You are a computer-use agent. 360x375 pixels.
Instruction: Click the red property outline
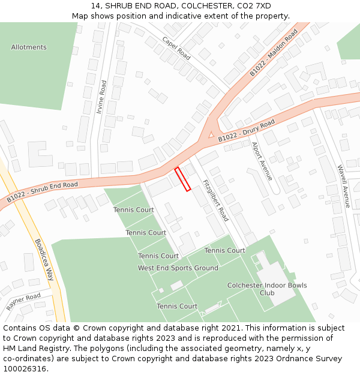click(x=182, y=179)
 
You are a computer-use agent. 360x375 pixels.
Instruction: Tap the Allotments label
click(x=29, y=47)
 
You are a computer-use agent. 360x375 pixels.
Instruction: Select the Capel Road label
click(x=176, y=48)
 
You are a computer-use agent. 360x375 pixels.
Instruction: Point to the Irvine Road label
click(x=102, y=97)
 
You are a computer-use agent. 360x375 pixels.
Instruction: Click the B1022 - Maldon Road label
click(x=274, y=53)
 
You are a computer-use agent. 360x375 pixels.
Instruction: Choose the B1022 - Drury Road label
click(x=246, y=131)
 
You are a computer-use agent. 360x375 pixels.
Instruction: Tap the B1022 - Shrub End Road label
click(x=43, y=191)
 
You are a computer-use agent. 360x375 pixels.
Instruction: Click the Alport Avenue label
click(x=262, y=161)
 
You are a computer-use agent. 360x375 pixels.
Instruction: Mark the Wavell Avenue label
click(x=343, y=186)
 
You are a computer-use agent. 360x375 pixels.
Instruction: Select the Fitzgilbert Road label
click(x=215, y=200)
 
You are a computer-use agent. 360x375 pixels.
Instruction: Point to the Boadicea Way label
click(x=44, y=260)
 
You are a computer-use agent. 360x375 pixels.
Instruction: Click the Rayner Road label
click(x=23, y=301)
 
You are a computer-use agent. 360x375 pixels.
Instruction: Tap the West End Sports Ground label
click(x=178, y=268)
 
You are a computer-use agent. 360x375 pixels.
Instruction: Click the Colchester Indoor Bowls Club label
click(x=267, y=289)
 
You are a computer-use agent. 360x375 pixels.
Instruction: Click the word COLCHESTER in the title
click(x=202, y=6)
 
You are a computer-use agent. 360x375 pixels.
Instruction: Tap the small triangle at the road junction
click(x=211, y=135)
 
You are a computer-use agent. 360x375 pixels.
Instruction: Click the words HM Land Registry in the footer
click(x=35, y=349)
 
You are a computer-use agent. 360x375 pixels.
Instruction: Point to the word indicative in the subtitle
click(x=176, y=16)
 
